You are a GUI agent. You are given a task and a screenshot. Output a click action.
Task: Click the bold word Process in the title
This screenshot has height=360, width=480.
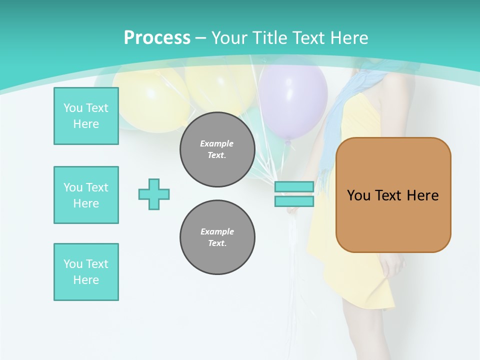pos(157,38)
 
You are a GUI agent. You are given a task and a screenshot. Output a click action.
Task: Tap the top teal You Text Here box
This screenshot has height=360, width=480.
pos(86,116)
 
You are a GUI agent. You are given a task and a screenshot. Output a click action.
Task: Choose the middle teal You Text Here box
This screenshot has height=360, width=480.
pos(86,195)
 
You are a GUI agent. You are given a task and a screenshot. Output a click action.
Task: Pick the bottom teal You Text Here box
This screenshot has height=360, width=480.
pos(86,272)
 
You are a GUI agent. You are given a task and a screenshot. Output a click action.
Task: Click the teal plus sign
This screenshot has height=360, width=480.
pos(154,194)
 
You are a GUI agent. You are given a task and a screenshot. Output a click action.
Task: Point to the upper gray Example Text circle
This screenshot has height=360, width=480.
pos(217,149)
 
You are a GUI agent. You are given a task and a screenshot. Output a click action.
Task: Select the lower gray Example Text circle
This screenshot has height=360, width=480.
pos(217,237)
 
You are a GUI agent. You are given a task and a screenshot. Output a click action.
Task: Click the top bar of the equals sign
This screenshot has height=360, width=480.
pos(294,187)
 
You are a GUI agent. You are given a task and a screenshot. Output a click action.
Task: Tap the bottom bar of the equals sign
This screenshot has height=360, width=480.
pos(294,201)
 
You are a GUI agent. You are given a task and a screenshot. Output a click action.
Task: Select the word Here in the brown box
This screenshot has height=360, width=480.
pos(422,195)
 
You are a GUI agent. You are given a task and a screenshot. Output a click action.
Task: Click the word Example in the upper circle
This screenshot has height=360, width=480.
pos(217,143)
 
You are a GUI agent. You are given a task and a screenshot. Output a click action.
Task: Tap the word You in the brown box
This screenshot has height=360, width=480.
pos(358,195)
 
